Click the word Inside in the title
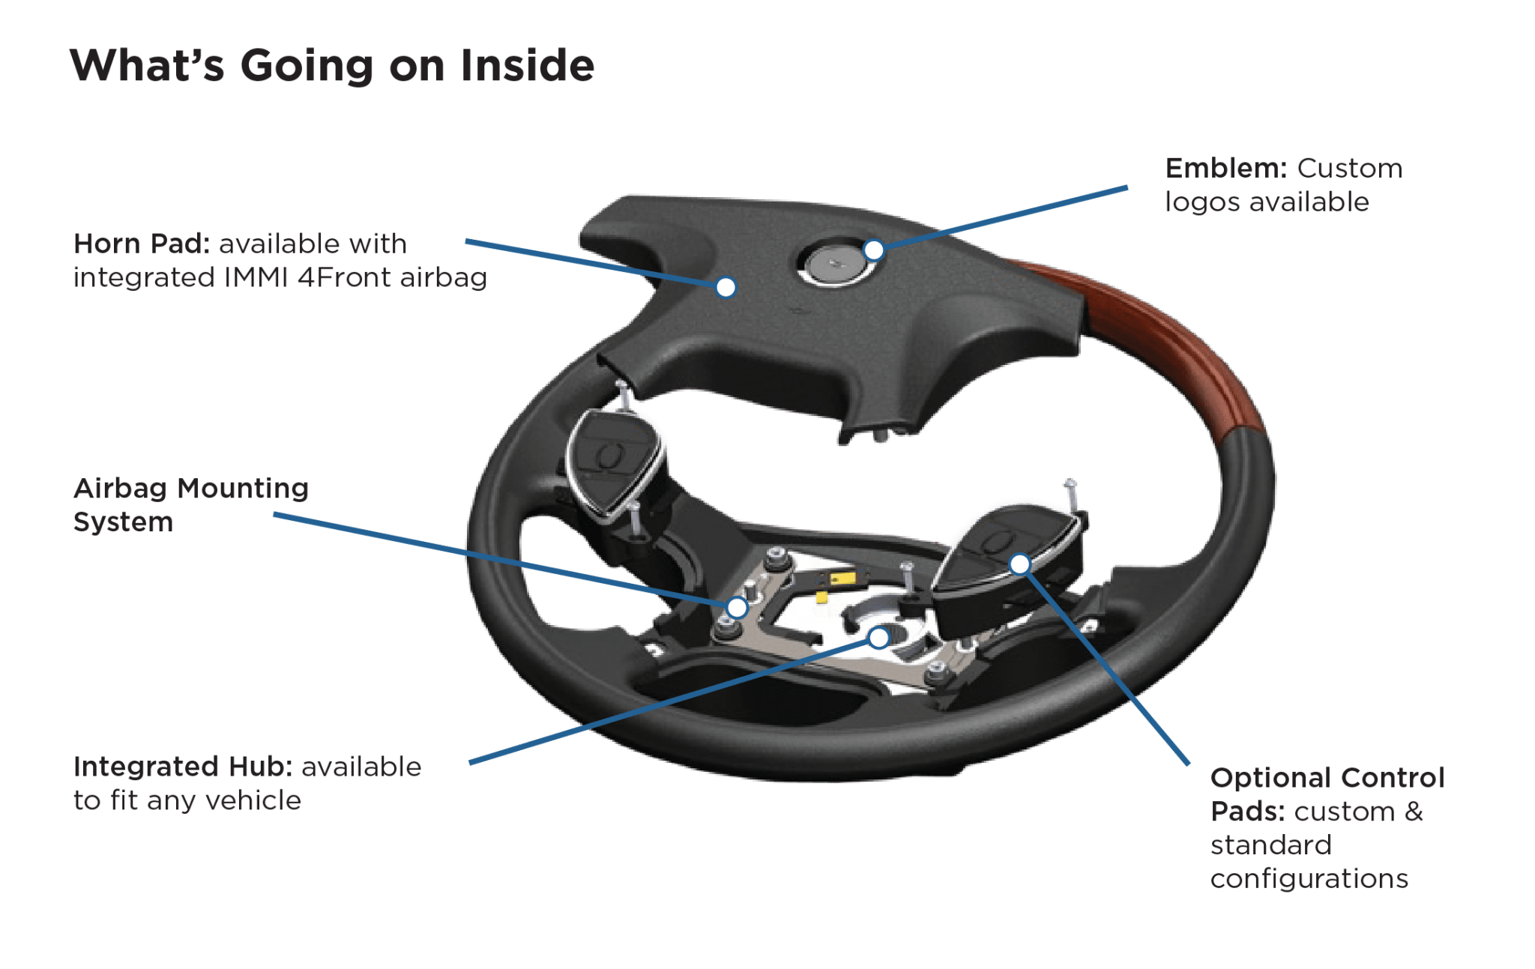(x=527, y=65)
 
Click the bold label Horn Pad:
(x=142, y=244)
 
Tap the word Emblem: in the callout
(x=1226, y=168)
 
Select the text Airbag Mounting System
(x=191, y=504)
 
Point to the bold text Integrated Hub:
(x=183, y=767)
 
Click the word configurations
(x=1309, y=878)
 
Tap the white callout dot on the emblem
(x=874, y=250)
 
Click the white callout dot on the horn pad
(x=726, y=287)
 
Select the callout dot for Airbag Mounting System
(x=738, y=607)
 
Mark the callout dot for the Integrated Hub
(x=878, y=638)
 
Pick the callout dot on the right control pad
(x=1019, y=564)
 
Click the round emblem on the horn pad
(x=835, y=263)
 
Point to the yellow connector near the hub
(x=842, y=579)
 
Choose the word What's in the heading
(x=147, y=65)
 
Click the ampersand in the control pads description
(x=1414, y=811)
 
